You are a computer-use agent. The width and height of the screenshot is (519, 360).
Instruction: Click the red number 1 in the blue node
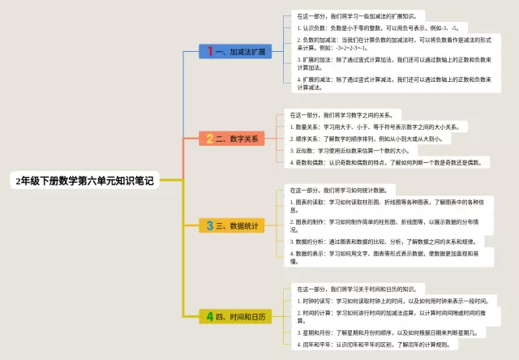[x=210, y=51]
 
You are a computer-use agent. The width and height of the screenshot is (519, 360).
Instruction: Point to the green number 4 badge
[x=209, y=316]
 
